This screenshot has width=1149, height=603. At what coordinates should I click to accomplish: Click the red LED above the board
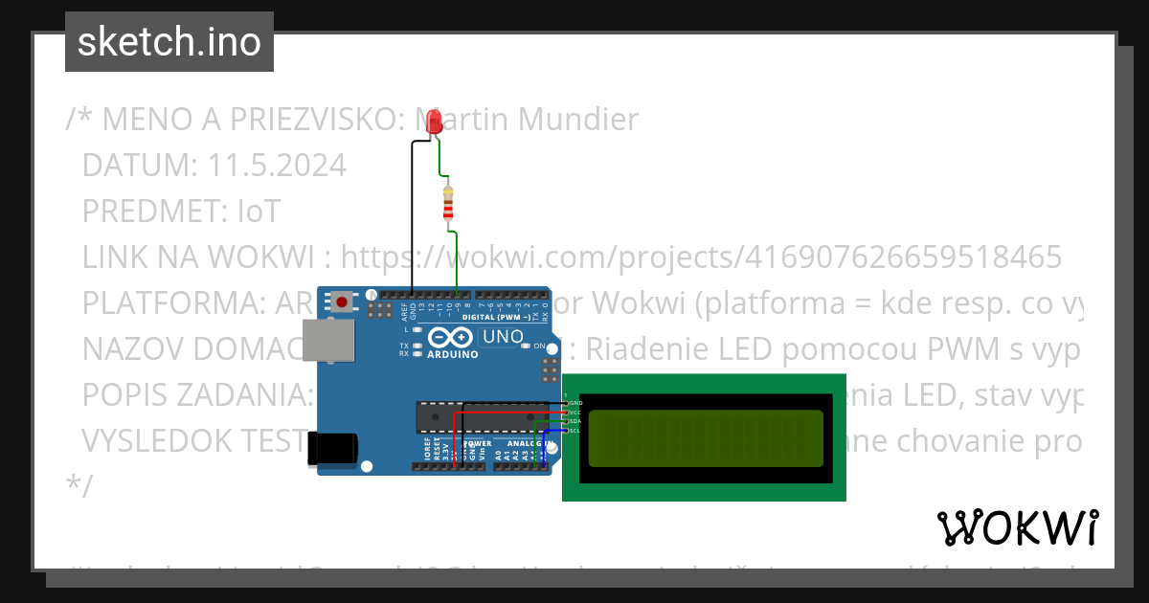(434, 122)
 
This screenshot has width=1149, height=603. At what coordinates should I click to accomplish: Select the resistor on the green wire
(448, 203)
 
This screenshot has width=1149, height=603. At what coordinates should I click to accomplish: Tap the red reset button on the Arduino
(342, 303)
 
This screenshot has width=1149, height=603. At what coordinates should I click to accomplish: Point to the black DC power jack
(332, 450)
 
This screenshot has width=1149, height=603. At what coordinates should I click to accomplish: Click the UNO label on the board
(503, 337)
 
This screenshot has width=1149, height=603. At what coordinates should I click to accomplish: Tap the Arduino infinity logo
(451, 337)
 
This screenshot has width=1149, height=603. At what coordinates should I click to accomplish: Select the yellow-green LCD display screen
(705, 438)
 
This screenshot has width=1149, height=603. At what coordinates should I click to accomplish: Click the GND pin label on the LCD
(574, 403)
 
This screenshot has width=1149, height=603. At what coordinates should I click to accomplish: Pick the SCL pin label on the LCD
(574, 431)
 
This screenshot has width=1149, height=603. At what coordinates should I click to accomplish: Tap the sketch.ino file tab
(169, 42)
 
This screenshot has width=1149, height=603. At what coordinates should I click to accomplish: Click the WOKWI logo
(1017, 528)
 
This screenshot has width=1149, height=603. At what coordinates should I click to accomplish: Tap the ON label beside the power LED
(539, 346)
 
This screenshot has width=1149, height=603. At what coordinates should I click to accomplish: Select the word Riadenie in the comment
(648, 348)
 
